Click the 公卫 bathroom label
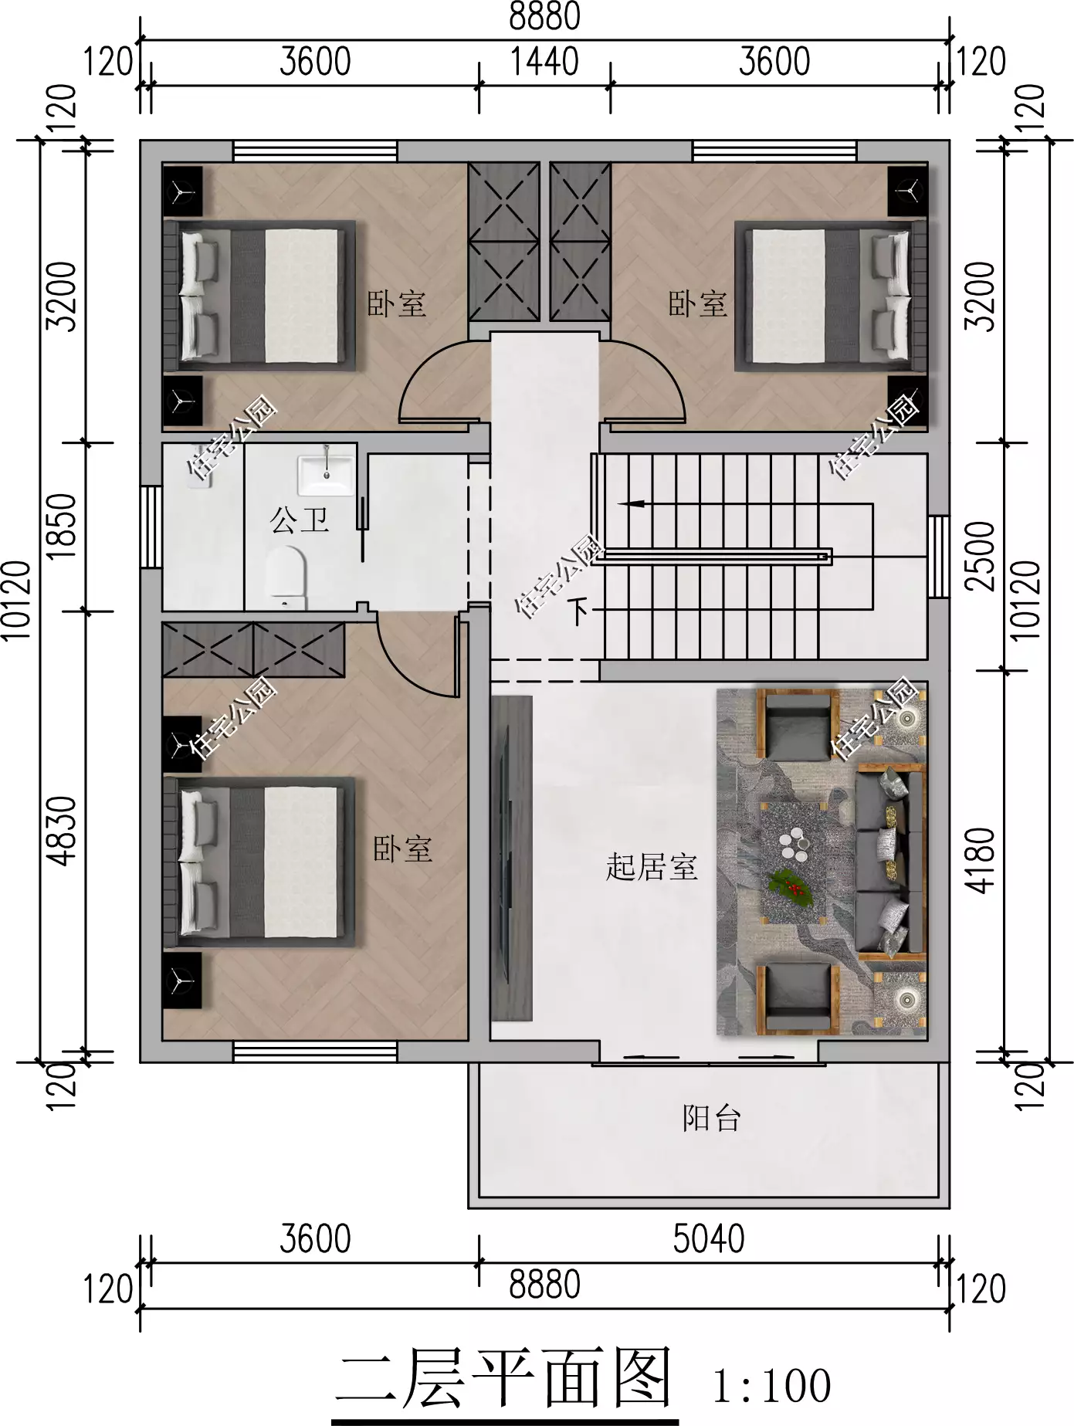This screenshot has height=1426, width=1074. pyautogui.click(x=300, y=520)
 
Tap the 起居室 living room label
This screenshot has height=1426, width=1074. pyautogui.click(x=652, y=867)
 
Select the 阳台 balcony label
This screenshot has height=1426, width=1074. pyautogui.click(x=711, y=1118)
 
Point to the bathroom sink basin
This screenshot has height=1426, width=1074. pyautogui.click(x=326, y=473)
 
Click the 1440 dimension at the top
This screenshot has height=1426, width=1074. pyautogui.click(x=544, y=62)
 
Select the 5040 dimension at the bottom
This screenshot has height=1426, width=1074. pyautogui.click(x=708, y=1239)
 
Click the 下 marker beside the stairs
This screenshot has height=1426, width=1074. pyautogui.click(x=579, y=611)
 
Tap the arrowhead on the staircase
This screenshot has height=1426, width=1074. pyautogui.click(x=630, y=504)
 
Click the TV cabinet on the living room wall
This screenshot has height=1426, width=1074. pyautogui.click(x=511, y=858)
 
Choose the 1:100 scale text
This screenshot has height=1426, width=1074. pyautogui.click(x=771, y=1386)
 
